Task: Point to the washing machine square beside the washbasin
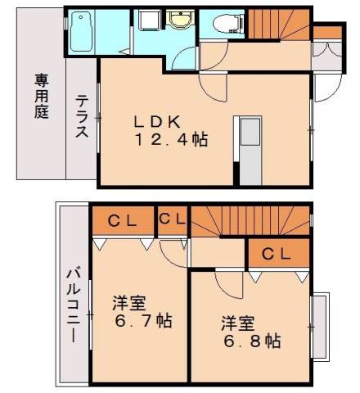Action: (148, 21)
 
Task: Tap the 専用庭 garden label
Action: (41, 97)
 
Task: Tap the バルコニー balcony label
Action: (73, 304)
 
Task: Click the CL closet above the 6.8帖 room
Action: (278, 255)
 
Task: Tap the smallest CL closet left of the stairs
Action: (173, 219)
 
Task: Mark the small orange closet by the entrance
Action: (326, 33)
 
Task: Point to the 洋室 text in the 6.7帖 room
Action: (129, 301)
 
